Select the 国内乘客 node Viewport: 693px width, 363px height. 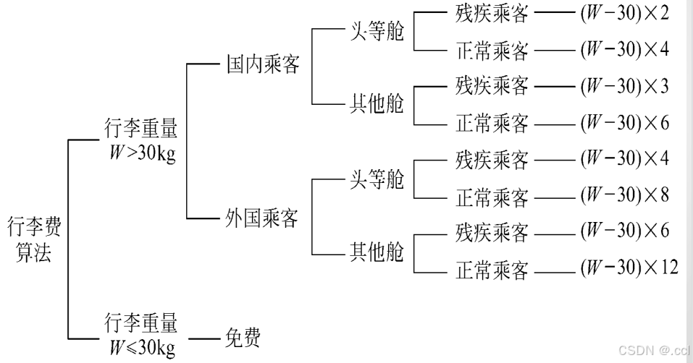click(262, 65)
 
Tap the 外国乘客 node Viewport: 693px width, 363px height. click(262, 218)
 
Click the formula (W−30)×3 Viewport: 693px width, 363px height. click(623, 87)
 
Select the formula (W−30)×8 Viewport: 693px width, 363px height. click(623, 195)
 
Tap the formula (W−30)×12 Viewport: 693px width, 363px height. click(629, 268)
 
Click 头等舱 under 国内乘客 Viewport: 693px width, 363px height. click(377, 32)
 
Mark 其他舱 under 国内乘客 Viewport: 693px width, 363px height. click(377, 104)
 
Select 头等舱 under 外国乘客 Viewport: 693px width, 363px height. click(377, 179)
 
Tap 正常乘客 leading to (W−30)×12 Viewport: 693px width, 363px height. click(492, 270)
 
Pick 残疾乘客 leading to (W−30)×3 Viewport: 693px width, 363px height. click(492, 87)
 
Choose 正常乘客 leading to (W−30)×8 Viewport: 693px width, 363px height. click(492, 197)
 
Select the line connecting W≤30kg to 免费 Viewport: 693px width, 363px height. click(203, 338)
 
